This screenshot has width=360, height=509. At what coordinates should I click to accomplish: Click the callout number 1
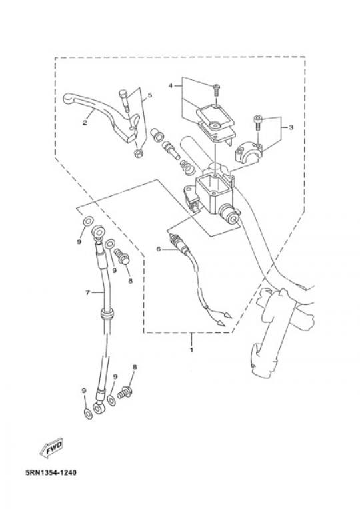[191, 350]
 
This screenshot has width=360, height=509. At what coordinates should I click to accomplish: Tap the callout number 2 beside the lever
[85, 122]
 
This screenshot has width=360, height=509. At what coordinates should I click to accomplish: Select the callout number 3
[291, 127]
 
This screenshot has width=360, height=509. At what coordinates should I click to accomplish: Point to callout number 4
[171, 85]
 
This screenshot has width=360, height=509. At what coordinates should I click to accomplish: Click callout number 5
[149, 95]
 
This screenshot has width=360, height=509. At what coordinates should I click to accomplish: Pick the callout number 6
[158, 249]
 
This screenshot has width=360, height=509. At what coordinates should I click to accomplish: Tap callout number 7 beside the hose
[87, 292]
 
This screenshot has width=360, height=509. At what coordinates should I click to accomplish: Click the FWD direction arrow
[51, 448]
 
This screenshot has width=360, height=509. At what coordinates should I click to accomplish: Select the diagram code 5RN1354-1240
[51, 472]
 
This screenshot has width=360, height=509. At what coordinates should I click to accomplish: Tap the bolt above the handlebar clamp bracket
[257, 123]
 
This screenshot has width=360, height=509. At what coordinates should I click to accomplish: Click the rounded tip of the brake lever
[67, 98]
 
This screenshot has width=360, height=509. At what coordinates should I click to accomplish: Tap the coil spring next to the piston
[187, 167]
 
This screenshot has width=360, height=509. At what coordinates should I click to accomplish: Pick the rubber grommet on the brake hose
[107, 314]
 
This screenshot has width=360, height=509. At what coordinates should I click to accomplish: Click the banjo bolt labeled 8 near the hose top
[122, 256]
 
